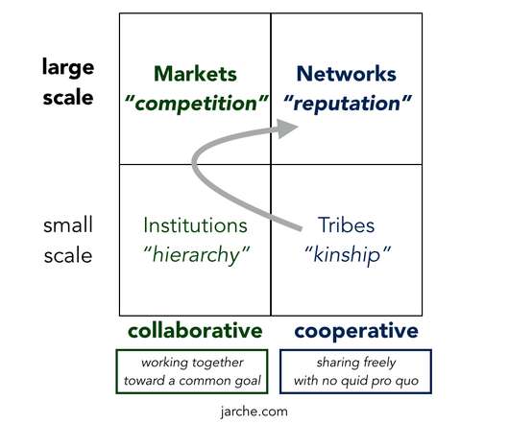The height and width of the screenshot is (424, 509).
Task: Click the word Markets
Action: click(195, 74)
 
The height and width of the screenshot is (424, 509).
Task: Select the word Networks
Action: click(347, 74)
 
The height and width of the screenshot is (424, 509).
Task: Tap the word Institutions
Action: click(195, 225)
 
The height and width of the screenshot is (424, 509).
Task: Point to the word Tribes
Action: click(346, 224)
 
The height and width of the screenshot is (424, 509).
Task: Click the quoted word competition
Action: click(196, 104)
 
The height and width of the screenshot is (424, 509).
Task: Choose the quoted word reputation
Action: click(348, 104)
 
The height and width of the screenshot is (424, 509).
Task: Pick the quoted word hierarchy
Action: click(197, 255)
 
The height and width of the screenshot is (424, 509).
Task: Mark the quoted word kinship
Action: click(348, 255)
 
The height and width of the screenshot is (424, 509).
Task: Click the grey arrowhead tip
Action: click(298, 127)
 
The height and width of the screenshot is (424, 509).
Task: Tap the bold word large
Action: click(68, 68)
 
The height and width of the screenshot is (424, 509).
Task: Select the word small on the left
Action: click(68, 224)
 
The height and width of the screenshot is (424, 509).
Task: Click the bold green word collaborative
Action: click(195, 331)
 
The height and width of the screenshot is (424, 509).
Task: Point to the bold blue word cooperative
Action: click(356, 332)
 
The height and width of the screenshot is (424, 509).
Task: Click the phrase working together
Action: click(192, 363)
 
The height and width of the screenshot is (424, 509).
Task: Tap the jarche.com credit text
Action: click(254, 412)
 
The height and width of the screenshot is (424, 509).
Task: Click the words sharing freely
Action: click(356, 363)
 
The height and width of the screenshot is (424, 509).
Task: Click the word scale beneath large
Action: click(68, 98)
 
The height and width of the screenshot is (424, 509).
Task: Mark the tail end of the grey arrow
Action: click(301, 229)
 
